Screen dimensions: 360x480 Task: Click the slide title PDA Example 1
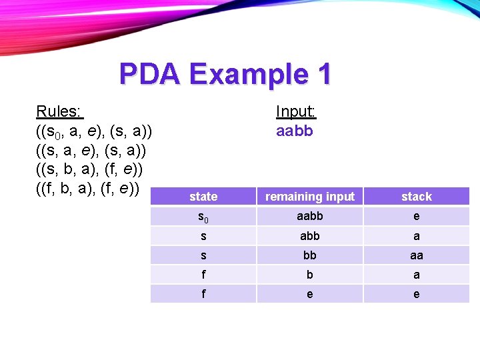[x=225, y=74]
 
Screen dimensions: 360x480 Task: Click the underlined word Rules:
[x=59, y=111]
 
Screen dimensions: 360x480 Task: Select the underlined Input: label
[x=295, y=111]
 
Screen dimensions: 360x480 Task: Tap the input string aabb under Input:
[x=294, y=131]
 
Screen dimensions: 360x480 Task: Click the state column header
[x=203, y=197]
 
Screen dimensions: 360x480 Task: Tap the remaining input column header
[x=310, y=197]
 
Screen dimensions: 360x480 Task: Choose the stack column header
[x=417, y=197]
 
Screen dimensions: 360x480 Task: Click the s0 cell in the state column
[x=203, y=217]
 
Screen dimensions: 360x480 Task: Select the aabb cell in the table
[x=310, y=217]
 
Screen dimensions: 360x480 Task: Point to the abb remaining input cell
[x=310, y=236]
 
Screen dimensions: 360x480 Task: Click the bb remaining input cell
[x=310, y=255]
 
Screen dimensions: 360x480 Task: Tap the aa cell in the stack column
[x=417, y=255]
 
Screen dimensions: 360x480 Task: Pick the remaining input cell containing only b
[x=310, y=275]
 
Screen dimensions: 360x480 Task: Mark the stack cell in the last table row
[x=417, y=294]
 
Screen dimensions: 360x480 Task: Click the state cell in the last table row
[x=203, y=294]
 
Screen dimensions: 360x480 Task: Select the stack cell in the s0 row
[x=417, y=217]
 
